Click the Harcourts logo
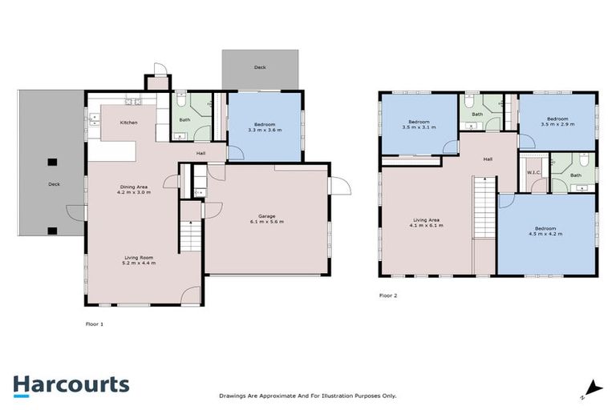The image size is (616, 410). tap(71, 385)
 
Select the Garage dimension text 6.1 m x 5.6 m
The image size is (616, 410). tap(267, 221)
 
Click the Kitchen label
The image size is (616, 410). tap(128, 123)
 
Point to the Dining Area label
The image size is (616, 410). tap(134, 187)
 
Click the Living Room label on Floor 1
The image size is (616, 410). tap(138, 256)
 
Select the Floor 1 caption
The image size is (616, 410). tap(95, 324)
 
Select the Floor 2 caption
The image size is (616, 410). tap(388, 295)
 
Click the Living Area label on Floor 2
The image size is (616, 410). tap(426, 219)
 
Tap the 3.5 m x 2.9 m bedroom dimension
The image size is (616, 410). tap(557, 124)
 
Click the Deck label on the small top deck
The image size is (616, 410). tap(260, 67)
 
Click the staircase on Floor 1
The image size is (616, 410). tap(190, 235)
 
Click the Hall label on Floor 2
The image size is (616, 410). tap(488, 159)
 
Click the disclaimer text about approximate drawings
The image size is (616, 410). tap(308, 396)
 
